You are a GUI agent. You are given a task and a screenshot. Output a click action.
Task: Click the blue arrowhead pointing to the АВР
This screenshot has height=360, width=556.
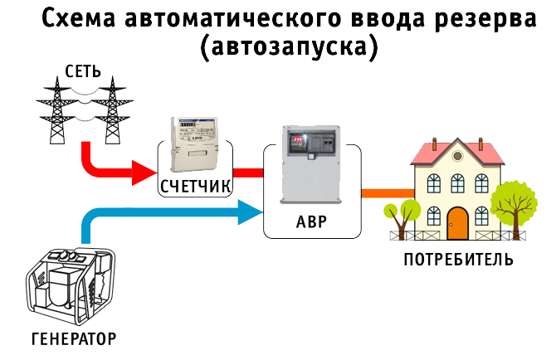[248, 215]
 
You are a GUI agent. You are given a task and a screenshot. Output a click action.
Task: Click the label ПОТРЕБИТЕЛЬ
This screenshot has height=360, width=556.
[457, 260]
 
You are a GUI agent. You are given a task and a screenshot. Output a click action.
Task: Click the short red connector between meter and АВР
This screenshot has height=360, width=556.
[248, 173]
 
